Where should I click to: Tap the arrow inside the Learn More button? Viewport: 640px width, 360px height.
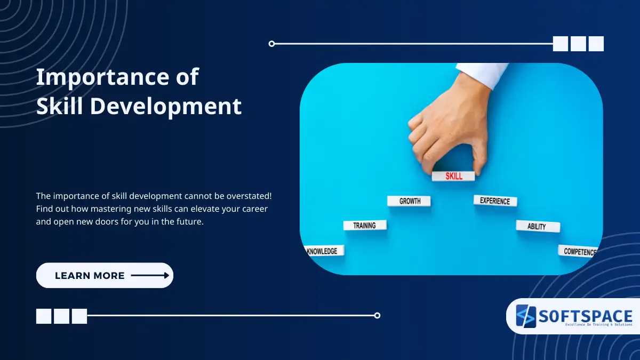click(150, 276)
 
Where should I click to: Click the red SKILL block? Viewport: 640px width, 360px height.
click(453, 176)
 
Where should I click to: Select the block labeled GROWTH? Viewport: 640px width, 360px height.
click(409, 201)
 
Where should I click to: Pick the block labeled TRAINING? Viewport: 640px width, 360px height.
click(365, 226)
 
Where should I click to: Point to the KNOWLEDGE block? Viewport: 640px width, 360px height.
click(323, 251)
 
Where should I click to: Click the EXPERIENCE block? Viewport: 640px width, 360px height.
click(495, 201)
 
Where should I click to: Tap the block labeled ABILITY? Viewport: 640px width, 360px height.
click(537, 226)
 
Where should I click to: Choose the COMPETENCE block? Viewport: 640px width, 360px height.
click(579, 251)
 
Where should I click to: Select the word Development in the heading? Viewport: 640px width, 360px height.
click(165, 106)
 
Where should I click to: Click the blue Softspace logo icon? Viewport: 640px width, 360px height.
click(525, 316)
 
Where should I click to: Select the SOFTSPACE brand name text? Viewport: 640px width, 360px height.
click(585, 316)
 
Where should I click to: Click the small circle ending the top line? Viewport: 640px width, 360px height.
click(271, 44)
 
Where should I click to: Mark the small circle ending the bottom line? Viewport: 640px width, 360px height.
click(377, 315)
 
